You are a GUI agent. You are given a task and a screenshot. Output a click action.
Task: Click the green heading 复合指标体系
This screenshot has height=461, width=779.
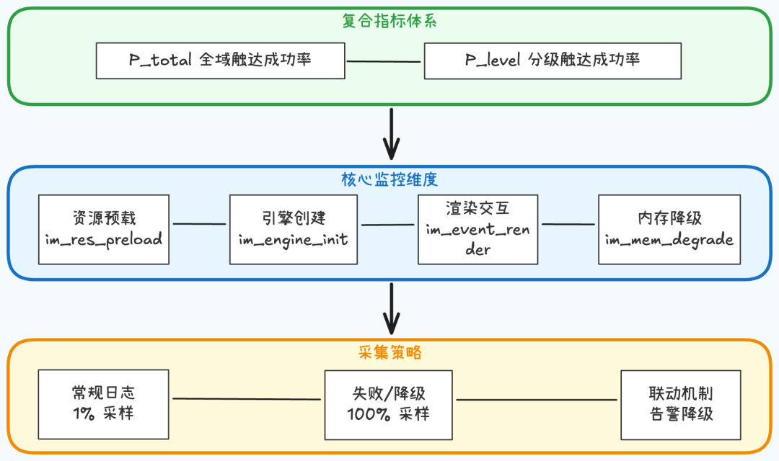pos(389,20)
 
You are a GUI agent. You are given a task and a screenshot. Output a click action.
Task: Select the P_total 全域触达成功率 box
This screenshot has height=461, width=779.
pos(220,61)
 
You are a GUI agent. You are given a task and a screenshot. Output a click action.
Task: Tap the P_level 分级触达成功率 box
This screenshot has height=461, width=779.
pos(553,61)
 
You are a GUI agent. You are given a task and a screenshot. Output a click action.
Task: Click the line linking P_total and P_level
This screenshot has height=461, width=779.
pos(384,61)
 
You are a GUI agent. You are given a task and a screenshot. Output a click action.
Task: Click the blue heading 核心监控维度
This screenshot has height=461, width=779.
pos(389,179)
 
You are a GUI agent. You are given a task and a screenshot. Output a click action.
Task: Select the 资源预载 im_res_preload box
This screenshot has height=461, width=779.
pos(104,229)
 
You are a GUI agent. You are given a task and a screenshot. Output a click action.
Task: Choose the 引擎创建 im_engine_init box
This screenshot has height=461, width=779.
pos(294,229)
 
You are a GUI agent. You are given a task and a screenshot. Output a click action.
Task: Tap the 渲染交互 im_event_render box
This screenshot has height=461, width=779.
pos(477,229)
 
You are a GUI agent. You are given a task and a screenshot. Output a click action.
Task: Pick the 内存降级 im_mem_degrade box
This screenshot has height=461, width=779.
pos(669,229)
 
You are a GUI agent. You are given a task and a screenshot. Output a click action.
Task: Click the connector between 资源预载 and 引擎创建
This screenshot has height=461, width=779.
pos(199,224)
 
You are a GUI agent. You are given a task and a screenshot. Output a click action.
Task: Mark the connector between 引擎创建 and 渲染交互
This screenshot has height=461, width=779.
pos(387,225)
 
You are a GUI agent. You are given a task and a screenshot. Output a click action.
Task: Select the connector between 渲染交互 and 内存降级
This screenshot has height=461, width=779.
pos(568,224)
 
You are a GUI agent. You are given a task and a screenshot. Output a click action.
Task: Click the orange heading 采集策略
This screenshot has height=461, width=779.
pos(389,353)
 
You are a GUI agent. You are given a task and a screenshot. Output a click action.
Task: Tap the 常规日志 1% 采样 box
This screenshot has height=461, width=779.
pos(104,404)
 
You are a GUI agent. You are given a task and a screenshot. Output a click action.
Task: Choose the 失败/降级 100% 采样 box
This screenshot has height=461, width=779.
pos(389,404)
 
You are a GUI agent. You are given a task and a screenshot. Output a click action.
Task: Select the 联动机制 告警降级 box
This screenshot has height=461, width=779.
pos(681,404)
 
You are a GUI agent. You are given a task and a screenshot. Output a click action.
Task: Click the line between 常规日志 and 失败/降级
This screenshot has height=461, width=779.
pos(246,399)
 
